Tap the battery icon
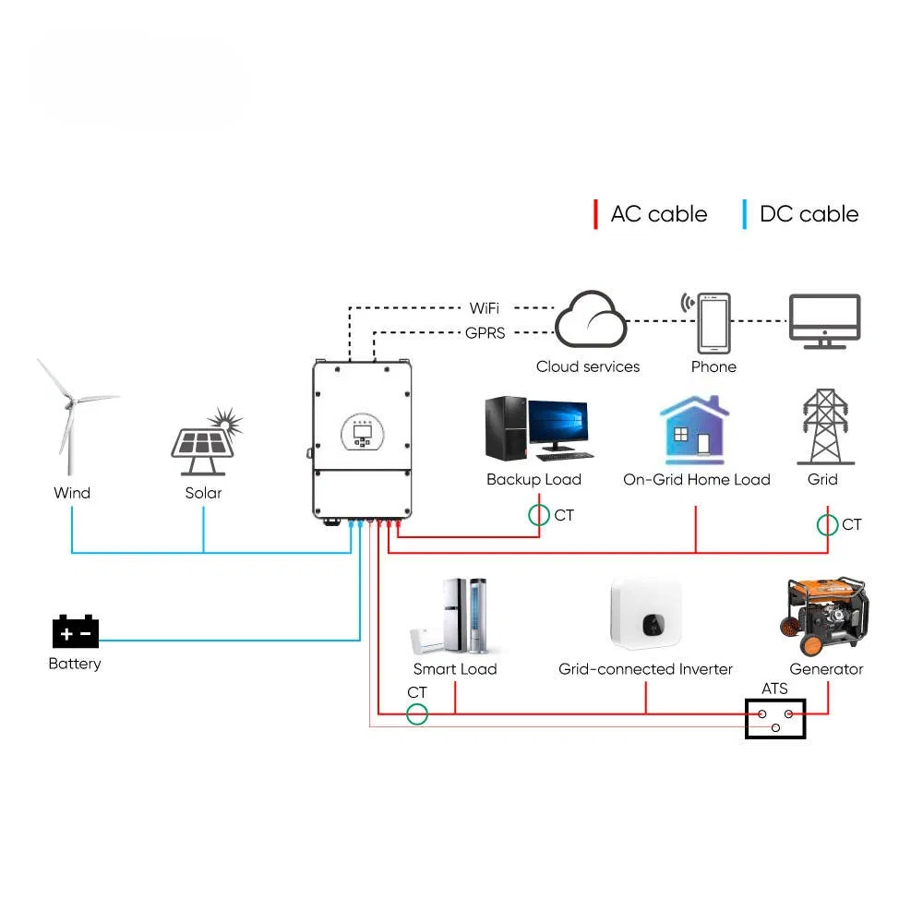point(75,632)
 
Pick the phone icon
point(713,323)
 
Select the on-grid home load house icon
point(694,431)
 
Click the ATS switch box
point(775,719)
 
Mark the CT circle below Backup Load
point(539,515)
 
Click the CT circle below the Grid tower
point(828,524)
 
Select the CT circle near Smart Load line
point(418,713)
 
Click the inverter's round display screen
point(362,431)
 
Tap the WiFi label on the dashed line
point(484,308)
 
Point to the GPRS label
point(484,333)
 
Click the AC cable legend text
point(658,214)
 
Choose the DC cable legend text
point(809,214)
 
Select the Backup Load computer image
point(535,430)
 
